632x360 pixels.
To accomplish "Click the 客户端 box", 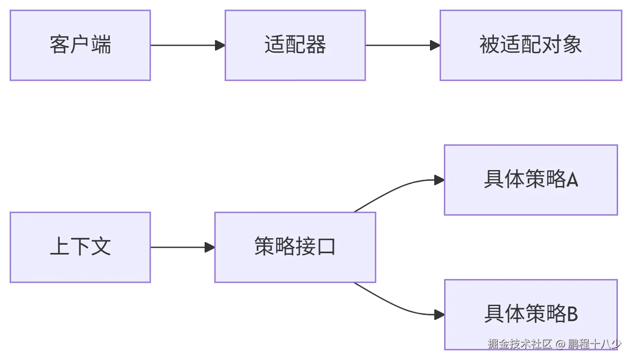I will (x=80, y=45).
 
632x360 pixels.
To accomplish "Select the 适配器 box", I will (x=295, y=45).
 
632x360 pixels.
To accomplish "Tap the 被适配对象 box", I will (x=531, y=45).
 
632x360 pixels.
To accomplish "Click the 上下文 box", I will (x=80, y=247).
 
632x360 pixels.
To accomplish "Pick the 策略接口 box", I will (x=295, y=247).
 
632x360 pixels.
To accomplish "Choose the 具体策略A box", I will (x=531, y=180).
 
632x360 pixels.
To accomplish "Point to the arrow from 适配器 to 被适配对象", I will (x=402, y=45).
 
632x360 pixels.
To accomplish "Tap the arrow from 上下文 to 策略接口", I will (x=182, y=247).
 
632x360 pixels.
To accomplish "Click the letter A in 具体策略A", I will (x=572, y=180).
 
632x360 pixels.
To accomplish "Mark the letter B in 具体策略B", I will (x=572, y=314).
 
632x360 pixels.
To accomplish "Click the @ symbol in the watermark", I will (x=560, y=344).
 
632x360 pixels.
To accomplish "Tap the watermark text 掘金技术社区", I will (x=520, y=344).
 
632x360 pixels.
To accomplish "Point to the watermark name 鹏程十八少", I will (x=594, y=344).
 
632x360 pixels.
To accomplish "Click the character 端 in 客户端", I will (x=101, y=45).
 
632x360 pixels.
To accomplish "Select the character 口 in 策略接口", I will (x=326, y=247).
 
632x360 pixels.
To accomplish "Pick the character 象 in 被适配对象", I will (x=572, y=45).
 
